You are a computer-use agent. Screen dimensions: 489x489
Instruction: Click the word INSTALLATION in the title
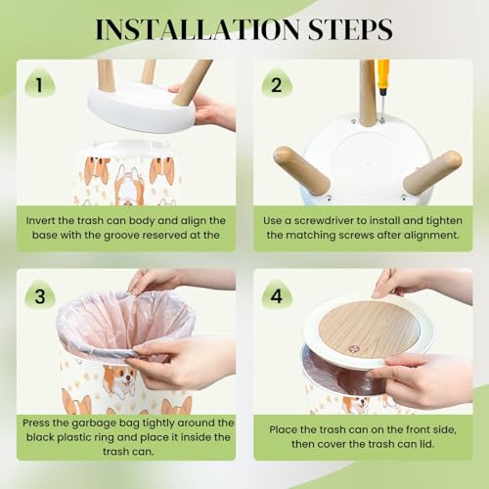[x=198, y=29]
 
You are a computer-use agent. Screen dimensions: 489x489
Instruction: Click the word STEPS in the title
[x=350, y=29]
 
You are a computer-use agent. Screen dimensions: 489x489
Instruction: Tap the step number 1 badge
[x=39, y=84]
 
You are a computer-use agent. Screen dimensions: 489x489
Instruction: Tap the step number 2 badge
[x=276, y=84]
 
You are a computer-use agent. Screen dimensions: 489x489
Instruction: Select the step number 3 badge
[x=40, y=295]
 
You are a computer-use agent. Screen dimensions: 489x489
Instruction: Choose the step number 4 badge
[x=276, y=295]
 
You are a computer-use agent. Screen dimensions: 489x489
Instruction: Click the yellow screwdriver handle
[x=383, y=73]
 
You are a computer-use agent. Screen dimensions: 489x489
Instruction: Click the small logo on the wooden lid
[x=352, y=349]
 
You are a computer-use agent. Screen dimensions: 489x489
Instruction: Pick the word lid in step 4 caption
[x=427, y=444]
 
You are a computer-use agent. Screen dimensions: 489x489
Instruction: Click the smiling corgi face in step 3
[x=124, y=378]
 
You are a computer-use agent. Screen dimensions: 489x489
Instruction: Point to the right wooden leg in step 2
[x=432, y=172]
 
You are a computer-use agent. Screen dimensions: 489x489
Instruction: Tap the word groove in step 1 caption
[x=121, y=236]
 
